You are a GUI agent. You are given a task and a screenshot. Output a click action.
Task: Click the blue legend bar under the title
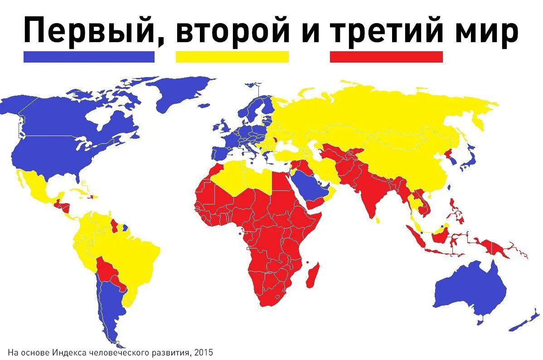pos(89,57)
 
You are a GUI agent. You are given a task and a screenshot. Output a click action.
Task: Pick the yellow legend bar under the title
pos(232,57)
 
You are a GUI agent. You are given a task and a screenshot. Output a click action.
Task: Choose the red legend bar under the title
pos(386,57)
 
